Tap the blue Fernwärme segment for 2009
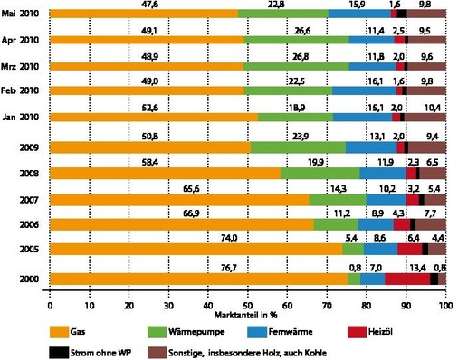371,147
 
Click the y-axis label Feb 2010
24,91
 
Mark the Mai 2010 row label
24,14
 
